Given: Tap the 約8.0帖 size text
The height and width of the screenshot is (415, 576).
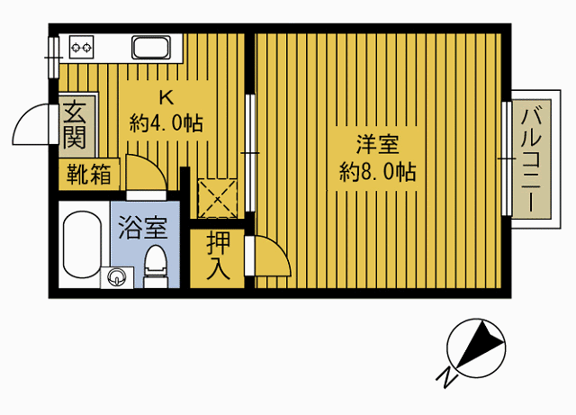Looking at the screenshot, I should (377, 171).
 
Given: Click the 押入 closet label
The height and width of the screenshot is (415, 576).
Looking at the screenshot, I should (217, 255).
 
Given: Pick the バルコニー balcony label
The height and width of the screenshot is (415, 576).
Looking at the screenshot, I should (529, 158).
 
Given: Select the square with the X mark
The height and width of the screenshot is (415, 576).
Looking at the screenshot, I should (216, 198).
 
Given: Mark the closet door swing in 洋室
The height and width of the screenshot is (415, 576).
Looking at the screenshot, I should (272, 257).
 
